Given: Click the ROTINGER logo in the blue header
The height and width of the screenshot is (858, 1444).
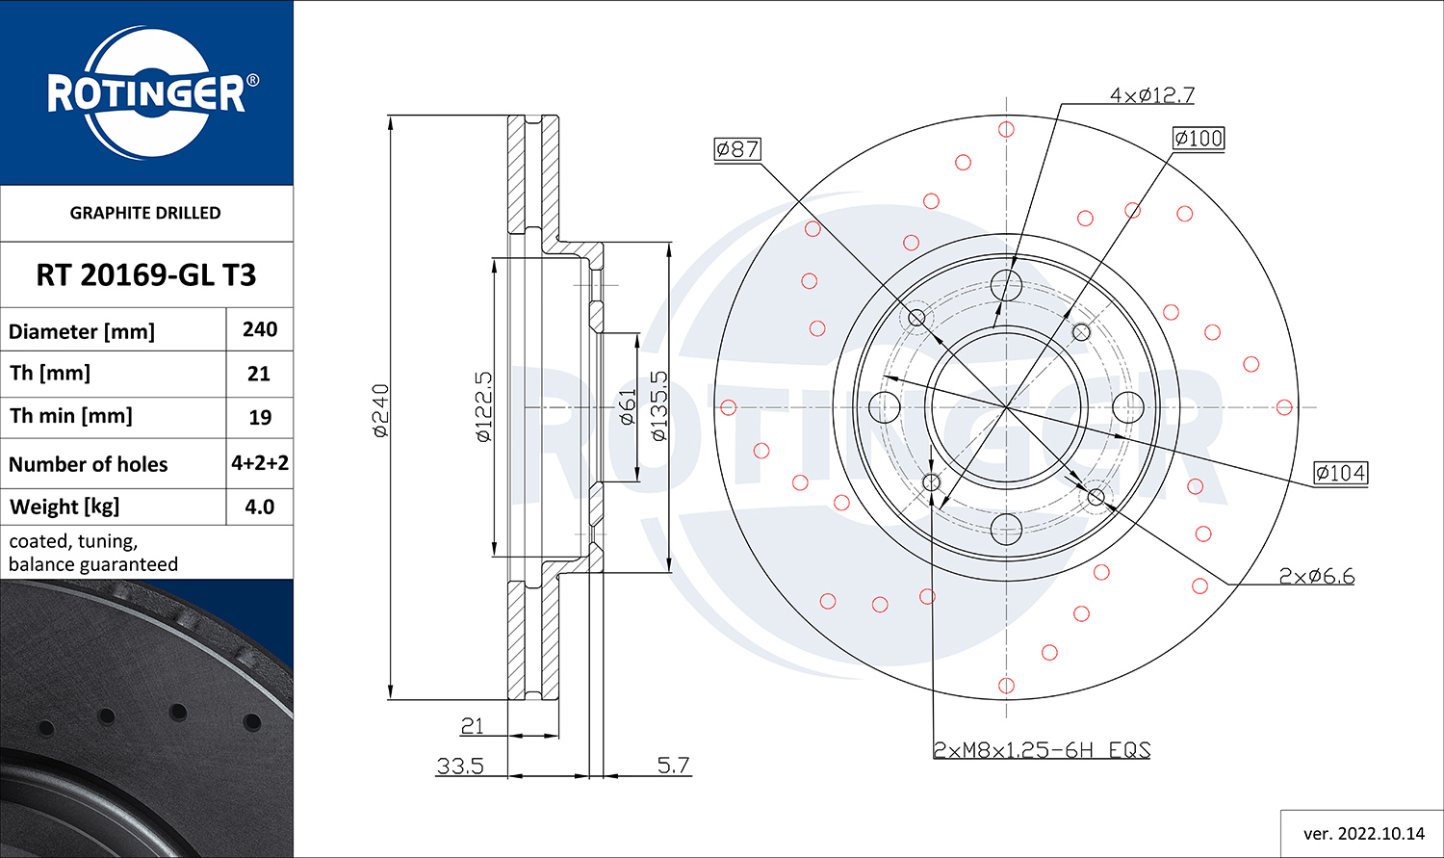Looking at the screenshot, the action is (x=152, y=92).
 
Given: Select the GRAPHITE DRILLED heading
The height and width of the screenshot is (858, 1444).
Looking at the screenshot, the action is (x=145, y=213).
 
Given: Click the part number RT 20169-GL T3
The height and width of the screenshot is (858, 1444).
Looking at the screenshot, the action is (x=145, y=274).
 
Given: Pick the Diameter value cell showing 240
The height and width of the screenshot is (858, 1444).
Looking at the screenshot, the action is (x=260, y=329).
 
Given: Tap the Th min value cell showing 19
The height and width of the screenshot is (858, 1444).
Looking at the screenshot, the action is (x=260, y=417).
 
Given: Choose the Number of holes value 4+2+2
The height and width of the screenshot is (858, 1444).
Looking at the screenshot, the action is (x=260, y=463).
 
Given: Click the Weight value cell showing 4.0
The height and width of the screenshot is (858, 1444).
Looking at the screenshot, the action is (x=259, y=507).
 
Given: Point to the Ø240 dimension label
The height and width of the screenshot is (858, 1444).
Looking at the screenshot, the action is (x=381, y=410).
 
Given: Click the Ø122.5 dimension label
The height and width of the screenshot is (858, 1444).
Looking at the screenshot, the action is (x=483, y=406).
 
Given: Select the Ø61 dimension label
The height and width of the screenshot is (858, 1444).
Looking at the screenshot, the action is (x=628, y=406).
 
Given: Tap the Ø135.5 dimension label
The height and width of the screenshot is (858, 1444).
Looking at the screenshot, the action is (x=658, y=406).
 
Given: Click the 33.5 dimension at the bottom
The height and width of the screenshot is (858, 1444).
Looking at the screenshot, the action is (x=459, y=766).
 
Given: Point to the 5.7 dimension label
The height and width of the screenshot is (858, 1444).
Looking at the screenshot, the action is (x=673, y=766).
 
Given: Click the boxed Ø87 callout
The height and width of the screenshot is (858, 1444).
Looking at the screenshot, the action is (x=737, y=149).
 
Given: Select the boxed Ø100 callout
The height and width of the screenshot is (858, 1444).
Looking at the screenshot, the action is (x=1199, y=138).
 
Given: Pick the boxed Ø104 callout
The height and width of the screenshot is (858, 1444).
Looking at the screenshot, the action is (x=1341, y=473).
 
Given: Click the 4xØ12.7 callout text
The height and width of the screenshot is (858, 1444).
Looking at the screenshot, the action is (x=1152, y=95).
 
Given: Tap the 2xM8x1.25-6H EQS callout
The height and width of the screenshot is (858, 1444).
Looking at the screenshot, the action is (x=1042, y=750).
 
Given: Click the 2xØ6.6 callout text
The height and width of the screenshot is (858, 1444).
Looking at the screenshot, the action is (x=1316, y=576).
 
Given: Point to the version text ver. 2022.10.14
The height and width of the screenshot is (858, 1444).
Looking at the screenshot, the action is (x=1364, y=834).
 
